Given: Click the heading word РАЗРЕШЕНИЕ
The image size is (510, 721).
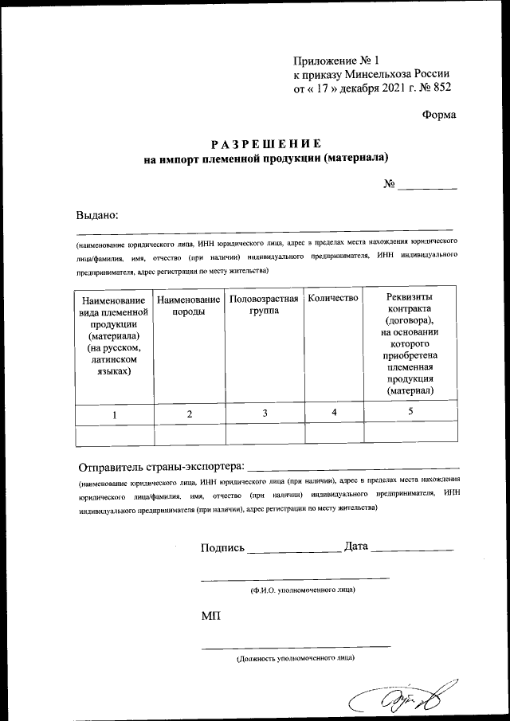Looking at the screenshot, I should (x=265, y=144).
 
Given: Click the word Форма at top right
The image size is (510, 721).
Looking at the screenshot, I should (x=439, y=114).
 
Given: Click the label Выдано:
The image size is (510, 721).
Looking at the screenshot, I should (x=97, y=214).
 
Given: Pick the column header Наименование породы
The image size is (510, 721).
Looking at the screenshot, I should (x=189, y=305).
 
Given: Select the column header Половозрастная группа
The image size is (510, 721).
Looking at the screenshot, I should (x=264, y=305).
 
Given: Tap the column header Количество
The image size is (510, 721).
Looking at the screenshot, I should (x=333, y=298).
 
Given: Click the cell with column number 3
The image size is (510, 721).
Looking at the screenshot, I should (x=264, y=413).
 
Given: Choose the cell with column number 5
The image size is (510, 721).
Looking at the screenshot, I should (x=410, y=412).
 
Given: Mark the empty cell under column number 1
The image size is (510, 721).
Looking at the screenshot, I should (x=114, y=433).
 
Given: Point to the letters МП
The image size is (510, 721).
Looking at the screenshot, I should (x=211, y=617).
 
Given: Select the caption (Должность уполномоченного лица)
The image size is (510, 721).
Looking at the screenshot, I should (x=296, y=659).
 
